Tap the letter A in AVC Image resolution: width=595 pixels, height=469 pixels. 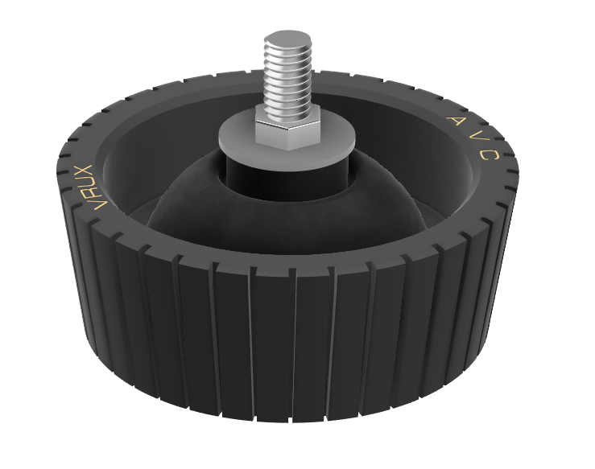[x=455, y=121]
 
